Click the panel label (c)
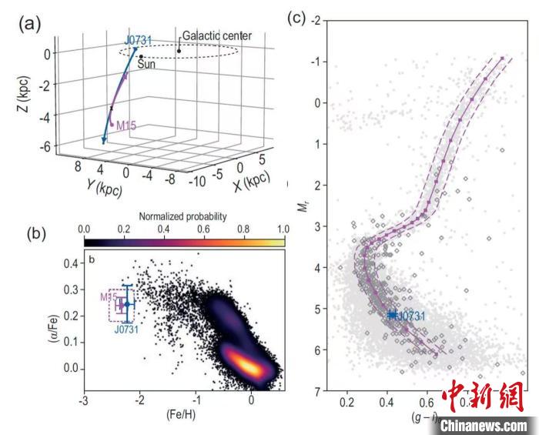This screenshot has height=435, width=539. [x=296, y=17]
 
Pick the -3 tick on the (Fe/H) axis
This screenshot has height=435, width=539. [x=83, y=401]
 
